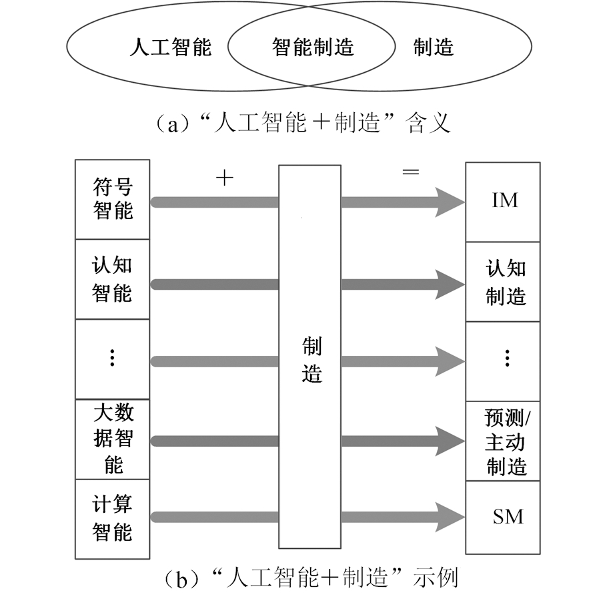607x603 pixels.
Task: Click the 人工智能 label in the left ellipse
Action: tap(170, 47)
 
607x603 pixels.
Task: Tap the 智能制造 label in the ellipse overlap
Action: tap(313, 47)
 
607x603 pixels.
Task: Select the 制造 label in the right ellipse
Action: tap(434, 47)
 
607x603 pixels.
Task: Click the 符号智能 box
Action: tap(112, 199)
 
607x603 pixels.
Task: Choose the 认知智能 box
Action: tap(112, 279)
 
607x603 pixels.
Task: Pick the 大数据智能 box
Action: tap(112, 438)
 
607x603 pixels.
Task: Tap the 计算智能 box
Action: tap(112, 518)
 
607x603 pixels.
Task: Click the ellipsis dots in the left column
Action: tap(112, 359)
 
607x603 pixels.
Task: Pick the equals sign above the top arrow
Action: tap(410, 172)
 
